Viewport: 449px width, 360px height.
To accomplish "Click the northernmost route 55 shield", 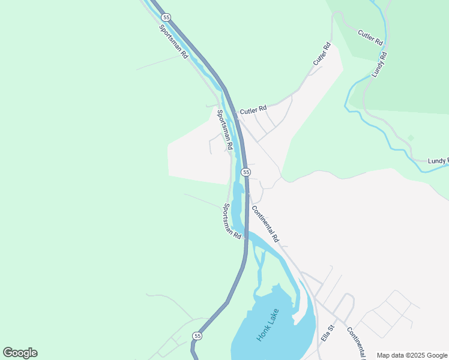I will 166,17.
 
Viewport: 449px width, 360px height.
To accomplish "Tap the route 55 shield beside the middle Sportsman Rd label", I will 246,172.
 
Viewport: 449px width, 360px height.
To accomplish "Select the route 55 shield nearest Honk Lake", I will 197,336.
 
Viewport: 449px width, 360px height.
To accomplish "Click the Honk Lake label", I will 268,325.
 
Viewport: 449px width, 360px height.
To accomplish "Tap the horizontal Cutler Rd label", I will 253,111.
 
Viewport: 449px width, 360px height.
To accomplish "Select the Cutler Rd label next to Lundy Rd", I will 370,37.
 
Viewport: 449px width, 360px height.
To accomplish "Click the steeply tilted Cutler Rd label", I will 322,55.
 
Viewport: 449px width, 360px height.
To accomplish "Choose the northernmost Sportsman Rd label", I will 174,41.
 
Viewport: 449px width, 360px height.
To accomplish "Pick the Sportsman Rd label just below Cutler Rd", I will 224,130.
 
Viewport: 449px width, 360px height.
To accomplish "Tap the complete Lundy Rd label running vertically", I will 379,64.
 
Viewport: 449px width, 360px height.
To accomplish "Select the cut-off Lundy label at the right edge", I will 438,161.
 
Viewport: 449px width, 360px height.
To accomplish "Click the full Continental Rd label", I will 265,224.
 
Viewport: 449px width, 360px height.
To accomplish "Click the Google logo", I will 20,353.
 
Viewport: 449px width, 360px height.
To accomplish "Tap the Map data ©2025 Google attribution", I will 412,355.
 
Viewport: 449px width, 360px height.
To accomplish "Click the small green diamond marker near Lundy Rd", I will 411,138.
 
